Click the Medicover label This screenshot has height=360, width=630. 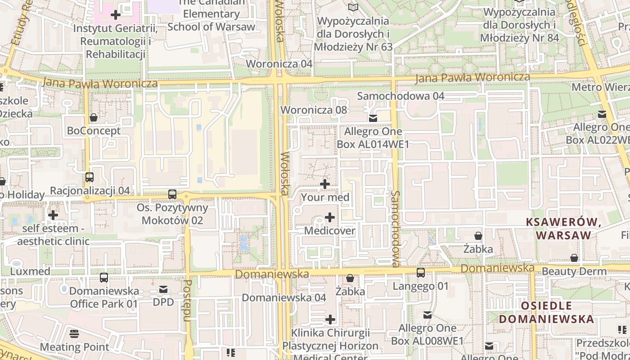pos(329,231)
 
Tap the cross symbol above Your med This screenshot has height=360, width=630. pos(325,184)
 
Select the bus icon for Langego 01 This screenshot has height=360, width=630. pos(421,273)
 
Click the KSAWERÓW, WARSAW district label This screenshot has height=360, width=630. pos(564,229)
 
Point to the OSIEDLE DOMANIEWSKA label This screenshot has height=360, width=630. pos(546,313)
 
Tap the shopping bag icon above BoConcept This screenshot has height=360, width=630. pos(94,118)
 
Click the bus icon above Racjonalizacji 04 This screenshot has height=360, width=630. pos(90,177)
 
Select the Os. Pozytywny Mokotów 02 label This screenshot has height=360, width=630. pos(172,214)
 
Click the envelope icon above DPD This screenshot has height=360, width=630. pos(163,289)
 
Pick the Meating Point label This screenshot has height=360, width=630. pos(75,347)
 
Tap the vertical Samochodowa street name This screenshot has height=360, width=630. pos(396,228)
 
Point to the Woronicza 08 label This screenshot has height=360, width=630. pos(314,110)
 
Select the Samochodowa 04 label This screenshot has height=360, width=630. pos(400,96)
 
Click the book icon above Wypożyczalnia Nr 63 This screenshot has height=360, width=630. pos(353,8)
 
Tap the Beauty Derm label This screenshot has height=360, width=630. pos(574,271)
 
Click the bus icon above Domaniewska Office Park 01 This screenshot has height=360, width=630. pos(104,278)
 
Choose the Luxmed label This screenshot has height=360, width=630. pos(30,271)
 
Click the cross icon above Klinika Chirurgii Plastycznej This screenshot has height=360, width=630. pos(330,319)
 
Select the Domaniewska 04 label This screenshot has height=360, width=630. pos(283,297)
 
